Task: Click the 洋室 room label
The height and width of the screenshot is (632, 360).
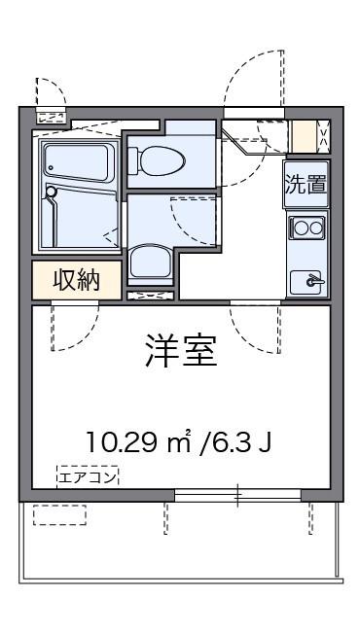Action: click(181, 351)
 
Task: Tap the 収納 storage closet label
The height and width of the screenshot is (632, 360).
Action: click(77, 280)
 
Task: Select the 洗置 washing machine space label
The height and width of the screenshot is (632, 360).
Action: click(306, 185)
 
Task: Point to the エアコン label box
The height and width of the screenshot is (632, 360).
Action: click(88, 476)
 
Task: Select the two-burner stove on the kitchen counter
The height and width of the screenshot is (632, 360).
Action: click(307, 228)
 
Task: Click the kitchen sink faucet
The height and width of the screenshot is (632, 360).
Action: click(313, 280)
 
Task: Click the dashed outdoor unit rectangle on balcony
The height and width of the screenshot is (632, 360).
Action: click(59, 514)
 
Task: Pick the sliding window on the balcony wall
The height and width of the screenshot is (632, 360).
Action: click(237, 495)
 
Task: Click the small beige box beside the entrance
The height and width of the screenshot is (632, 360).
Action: click(305, 136)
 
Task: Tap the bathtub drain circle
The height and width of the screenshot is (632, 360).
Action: click(51, 167)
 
